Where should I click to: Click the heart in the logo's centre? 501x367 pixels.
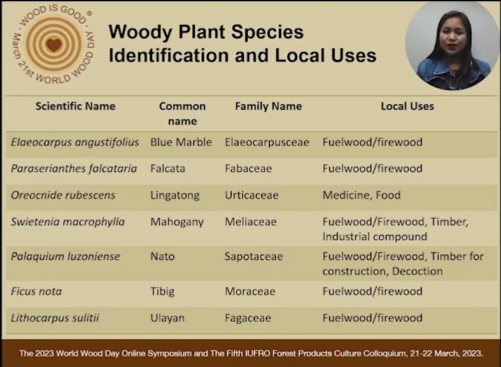coord(53,45)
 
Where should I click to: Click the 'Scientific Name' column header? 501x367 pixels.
coord(75,106)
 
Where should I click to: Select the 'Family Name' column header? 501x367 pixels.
coord(269,106)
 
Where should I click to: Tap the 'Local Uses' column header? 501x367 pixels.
coord(407,106)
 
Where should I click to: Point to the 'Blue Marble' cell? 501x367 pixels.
coord(181,142)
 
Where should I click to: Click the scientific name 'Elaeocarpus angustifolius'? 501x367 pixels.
coord(75,142)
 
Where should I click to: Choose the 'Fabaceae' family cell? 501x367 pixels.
coord(248,169)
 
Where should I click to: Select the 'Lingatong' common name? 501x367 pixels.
coord(175,195)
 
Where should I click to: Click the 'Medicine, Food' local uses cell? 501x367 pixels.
coord(362,195)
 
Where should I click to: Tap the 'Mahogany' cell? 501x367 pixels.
coord(177,222)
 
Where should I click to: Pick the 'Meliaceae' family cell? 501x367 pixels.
coord(251,222)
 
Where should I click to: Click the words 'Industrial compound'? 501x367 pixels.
coord(375,237)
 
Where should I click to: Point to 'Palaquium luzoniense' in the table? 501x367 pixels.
coord(66,256)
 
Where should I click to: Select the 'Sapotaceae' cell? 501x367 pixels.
coord(254,256)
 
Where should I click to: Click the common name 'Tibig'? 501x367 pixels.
coord(162,292)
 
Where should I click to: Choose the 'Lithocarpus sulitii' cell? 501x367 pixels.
coord(55,318)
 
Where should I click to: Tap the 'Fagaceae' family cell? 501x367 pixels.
coord(248,319)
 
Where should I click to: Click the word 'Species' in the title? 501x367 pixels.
coord(267,32)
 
